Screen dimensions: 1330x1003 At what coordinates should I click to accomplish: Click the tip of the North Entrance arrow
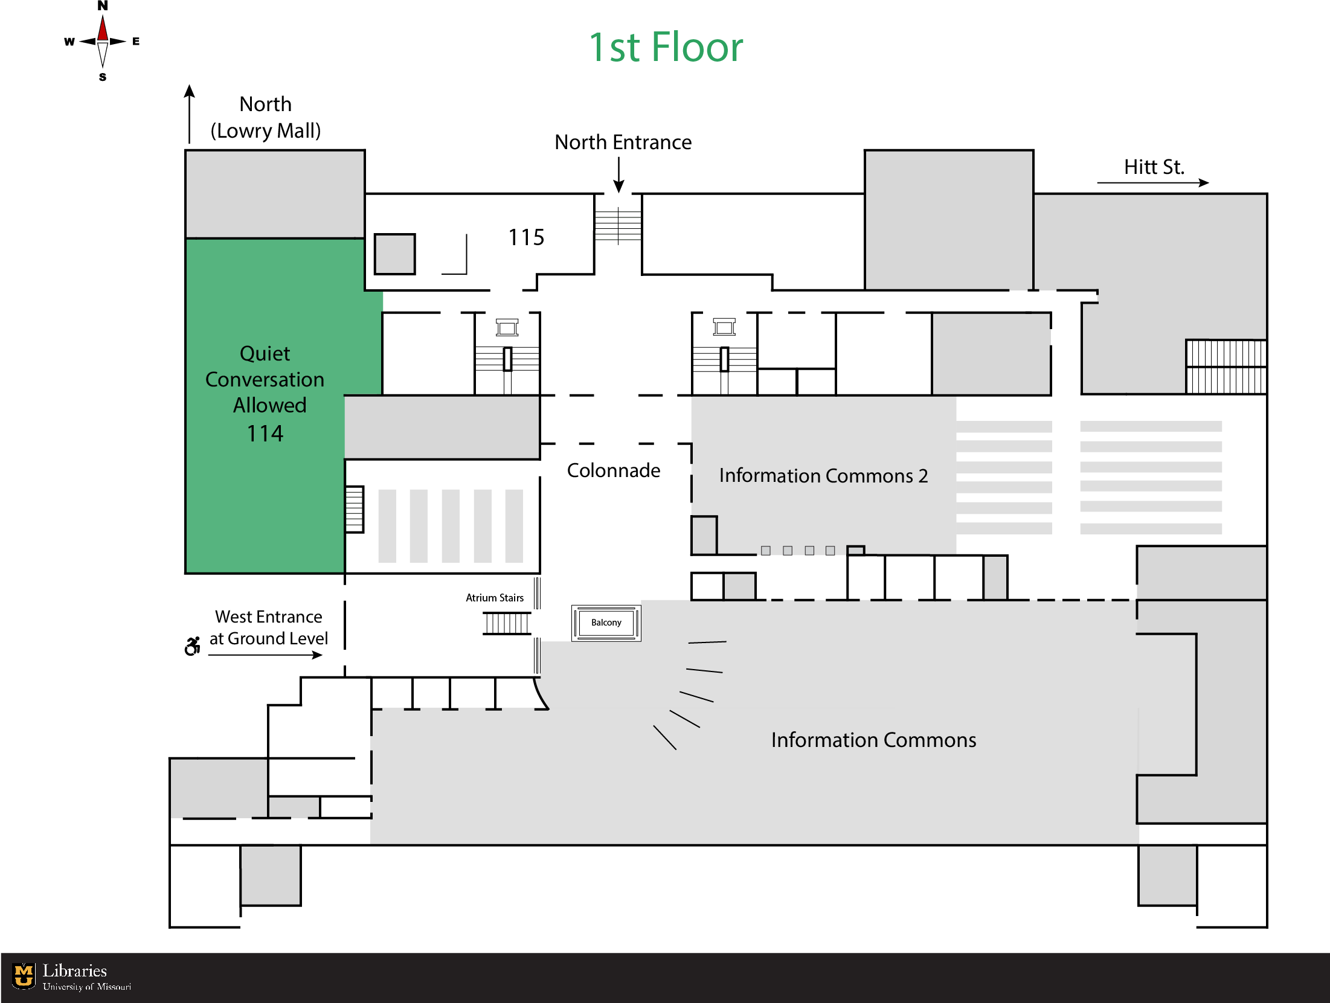tap(618, 193)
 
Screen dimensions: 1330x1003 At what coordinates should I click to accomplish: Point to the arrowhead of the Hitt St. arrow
tap(1209, 182)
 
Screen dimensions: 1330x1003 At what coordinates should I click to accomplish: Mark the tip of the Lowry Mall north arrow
tap(190, 85)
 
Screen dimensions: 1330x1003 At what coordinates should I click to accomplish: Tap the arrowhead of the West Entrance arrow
tap(321, 655)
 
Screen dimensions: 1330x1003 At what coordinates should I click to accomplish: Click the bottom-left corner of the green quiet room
tap(186, 572)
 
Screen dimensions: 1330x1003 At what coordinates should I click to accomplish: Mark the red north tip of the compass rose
tap(103, 16)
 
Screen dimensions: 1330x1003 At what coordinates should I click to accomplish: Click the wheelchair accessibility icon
tap(193, 646)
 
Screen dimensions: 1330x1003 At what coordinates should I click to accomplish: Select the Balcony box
tap(606, 623)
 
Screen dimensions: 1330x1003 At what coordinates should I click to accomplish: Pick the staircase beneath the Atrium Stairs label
tap(507, 623)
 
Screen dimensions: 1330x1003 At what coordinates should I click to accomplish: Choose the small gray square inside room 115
tap(395, 254)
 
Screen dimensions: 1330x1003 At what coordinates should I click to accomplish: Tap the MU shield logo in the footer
tap(24, 975)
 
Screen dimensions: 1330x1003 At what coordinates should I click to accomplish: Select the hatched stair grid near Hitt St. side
tap(1226, 367)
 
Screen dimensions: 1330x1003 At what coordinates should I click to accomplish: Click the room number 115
tap(526, 237)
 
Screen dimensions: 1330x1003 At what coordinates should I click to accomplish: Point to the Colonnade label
tap(614, 470)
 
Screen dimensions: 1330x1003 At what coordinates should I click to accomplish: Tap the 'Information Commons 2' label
tap(823, 476)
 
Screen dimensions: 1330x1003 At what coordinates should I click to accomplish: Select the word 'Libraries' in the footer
tap(75, 970)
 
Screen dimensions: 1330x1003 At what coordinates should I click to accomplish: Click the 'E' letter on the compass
tap(136, 41)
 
